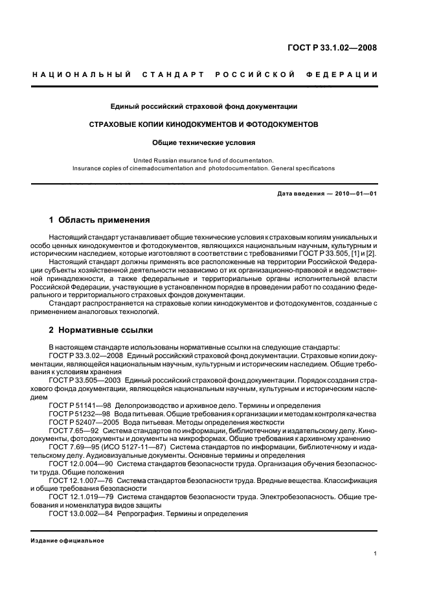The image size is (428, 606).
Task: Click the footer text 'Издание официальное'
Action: [67, 541]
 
